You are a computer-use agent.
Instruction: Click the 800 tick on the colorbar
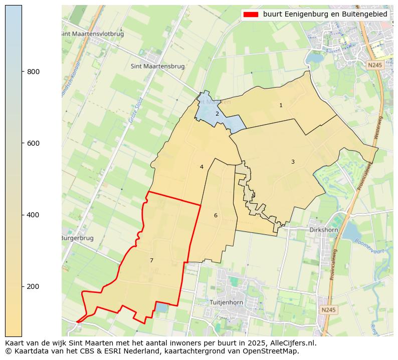pos(22,72)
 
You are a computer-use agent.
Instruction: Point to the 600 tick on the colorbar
pos(22,143)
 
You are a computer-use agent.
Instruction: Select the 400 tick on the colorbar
pos(22,215)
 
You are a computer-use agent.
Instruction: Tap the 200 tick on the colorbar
pos(22,286)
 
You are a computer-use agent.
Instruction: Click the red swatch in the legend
pos(251,15)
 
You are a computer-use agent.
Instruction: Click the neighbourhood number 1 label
pos(281,105)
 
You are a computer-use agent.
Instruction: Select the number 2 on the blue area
pos(217,114)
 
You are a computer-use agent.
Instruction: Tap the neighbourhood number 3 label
pos(293,162)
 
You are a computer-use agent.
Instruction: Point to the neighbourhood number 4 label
pos(202,167)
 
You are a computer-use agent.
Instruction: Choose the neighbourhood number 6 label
pos(216,215)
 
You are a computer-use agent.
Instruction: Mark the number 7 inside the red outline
pos(151,260)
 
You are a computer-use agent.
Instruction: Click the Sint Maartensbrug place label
pos(157,66)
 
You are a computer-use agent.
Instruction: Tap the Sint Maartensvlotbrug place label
pos(92,34)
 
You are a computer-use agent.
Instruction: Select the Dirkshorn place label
pos(323,230)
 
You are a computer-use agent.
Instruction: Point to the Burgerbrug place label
pos(78,238)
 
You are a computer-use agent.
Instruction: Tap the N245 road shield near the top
pos(374,65)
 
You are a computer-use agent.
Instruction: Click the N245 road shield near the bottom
pos(328,310)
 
